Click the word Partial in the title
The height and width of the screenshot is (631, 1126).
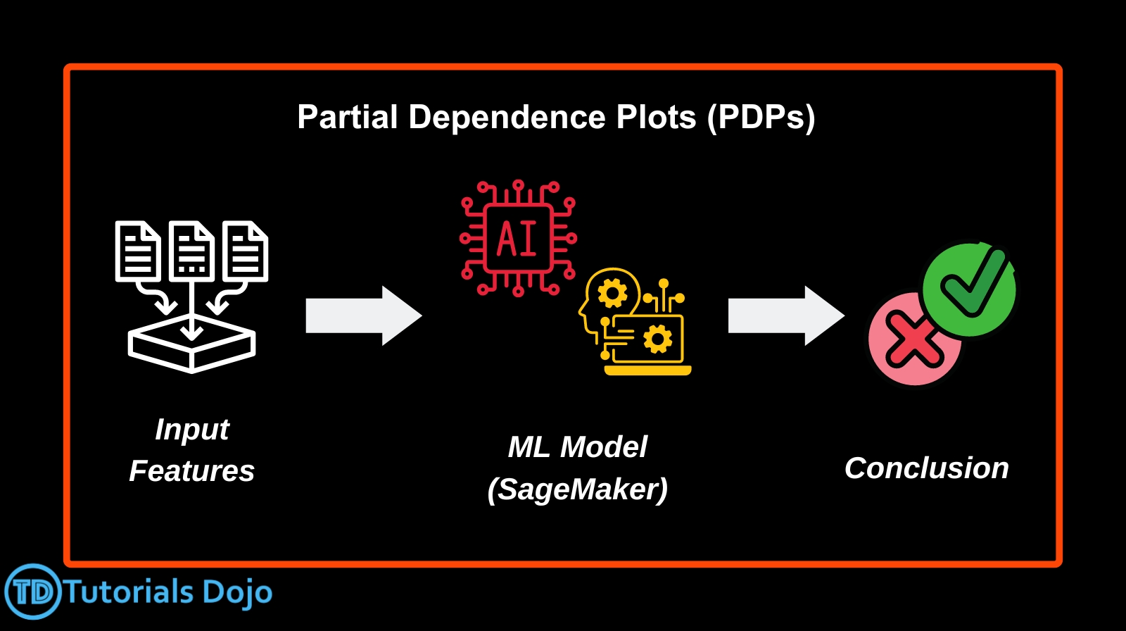point(348,117)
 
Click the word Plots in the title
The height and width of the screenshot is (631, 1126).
point(656,117)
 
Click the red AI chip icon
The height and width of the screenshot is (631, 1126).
point(518,238)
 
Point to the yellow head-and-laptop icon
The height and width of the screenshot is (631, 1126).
point(635,322)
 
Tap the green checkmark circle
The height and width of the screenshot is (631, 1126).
point(969,290)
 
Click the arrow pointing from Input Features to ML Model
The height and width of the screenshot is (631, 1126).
point(364,315)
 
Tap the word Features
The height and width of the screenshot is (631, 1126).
point(191,471)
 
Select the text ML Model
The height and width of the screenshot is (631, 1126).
point(578,446)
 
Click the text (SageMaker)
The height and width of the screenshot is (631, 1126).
point(578,489)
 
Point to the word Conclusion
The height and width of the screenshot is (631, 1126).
point(927,468)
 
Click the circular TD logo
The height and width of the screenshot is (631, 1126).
point(33,592)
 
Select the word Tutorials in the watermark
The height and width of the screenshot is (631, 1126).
point(129,592)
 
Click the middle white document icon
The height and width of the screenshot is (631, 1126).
point(191,251)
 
